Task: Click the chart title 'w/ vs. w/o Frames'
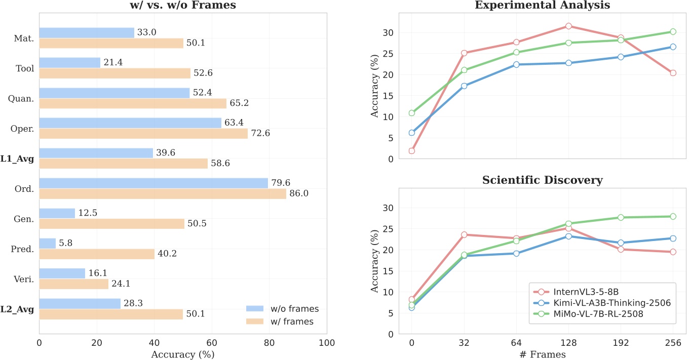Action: click(183, 6)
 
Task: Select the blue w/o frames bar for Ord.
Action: click(154, 183)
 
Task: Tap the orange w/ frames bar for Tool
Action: click(114, 73)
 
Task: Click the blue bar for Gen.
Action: click(57, 213)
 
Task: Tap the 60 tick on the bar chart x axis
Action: click(212, 342)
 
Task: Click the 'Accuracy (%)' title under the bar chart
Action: click(183, 354)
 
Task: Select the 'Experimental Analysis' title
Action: click(542, 6)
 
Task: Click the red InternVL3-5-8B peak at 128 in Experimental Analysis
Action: click(568, 26)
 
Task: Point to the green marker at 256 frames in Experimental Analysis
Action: click(673, 31)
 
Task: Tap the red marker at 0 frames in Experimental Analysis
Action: click(411, 150)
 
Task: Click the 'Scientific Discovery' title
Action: click(542, 180)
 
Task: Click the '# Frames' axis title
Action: click(542, 354)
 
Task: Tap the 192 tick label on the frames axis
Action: click(621, 342)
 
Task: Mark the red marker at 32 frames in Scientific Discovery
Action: click(464, 234)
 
